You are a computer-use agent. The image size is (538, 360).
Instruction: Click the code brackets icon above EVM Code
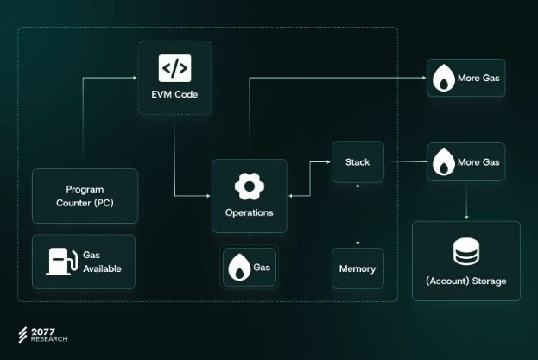[174, 68]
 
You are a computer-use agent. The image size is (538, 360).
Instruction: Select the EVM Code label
[174, 94]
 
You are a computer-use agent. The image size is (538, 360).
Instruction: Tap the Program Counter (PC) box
[85, 196]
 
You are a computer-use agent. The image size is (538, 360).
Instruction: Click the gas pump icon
[62, 262]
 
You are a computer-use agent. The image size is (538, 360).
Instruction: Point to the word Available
[102, 268]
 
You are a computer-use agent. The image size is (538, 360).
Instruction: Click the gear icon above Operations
[250, 186]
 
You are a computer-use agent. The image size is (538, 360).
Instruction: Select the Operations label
[250, 212]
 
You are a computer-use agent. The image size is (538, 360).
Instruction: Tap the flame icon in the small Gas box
[239, 267]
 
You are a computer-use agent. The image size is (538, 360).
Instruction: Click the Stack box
[358, 161]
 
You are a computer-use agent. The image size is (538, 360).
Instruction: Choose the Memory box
[358, 268]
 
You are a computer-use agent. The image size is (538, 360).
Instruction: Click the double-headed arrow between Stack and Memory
[358, 215]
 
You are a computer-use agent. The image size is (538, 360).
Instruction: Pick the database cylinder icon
[466, 251]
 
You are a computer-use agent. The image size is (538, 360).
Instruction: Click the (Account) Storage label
[466, 281]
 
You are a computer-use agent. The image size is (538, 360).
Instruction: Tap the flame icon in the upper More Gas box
[444, 78]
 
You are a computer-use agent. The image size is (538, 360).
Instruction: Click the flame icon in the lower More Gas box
[444, 161]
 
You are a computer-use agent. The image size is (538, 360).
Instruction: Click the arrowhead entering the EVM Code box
[135, 78]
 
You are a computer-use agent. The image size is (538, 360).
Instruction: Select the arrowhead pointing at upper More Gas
[424, 78]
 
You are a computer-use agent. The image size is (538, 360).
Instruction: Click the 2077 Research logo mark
[22, 335]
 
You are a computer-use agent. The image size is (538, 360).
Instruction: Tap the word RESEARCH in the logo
[49, 339]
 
